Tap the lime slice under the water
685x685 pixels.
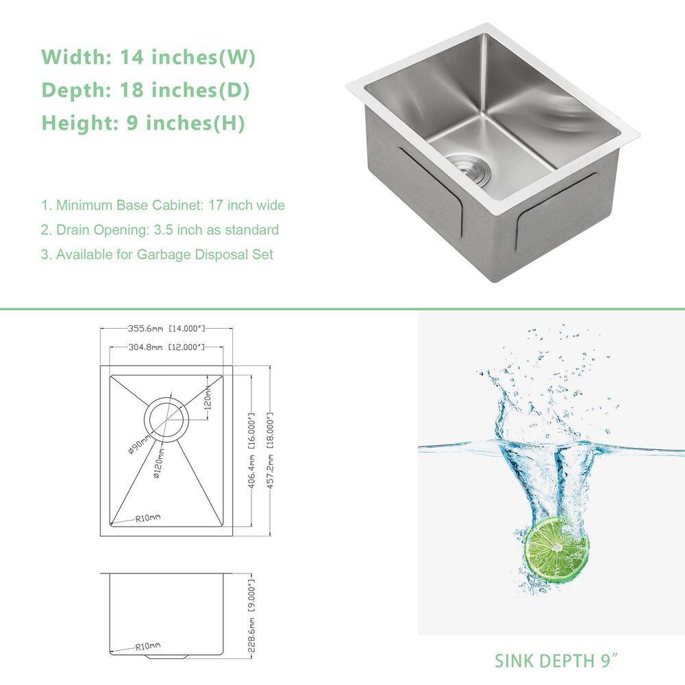[556, 549]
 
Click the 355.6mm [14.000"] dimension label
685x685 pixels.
[166, 328]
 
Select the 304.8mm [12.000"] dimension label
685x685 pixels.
[166, 347]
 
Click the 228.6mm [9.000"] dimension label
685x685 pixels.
[251, 616]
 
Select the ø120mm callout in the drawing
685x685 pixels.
[159, 462]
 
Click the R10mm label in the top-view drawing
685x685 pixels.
[148, 518]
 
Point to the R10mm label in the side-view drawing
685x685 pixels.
[148, 646]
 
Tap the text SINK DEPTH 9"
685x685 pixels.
[557, 660]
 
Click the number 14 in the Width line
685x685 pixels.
[132, 58]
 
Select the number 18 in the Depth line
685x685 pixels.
[132, 90]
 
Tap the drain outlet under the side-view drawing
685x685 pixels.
[166, 657]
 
